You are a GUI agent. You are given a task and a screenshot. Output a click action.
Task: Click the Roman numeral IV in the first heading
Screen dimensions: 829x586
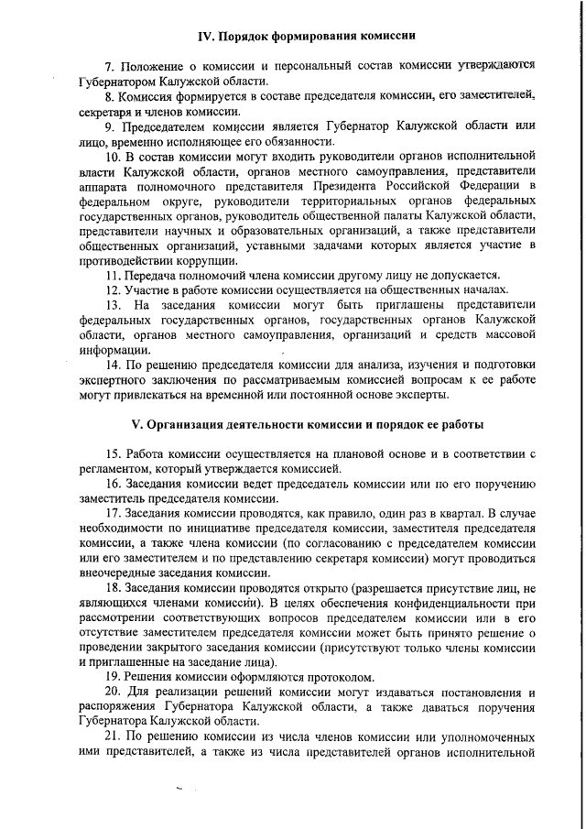tap(207, 36)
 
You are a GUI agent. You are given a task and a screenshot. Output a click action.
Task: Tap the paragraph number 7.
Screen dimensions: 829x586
tap(108, 67)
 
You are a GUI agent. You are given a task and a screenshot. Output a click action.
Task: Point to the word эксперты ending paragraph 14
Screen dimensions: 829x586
tap(421, 395)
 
